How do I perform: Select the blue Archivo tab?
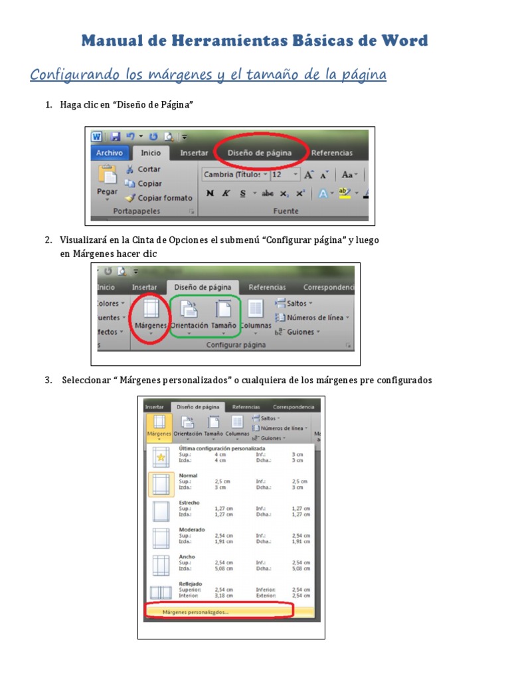[109, 153]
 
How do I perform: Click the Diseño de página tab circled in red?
[259, 153]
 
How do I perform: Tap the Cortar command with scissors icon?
[148, 169]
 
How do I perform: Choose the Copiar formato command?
[164, 198]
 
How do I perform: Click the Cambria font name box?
[232, 175]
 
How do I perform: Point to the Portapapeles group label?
[137, 211]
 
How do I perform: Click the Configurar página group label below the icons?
[236, 345]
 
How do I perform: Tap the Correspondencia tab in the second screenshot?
[329, 288]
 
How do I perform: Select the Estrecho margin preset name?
[189, 503]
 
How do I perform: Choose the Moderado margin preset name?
[191, 530]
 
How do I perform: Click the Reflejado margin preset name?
[191, 584]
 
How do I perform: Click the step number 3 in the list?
[48, 381]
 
